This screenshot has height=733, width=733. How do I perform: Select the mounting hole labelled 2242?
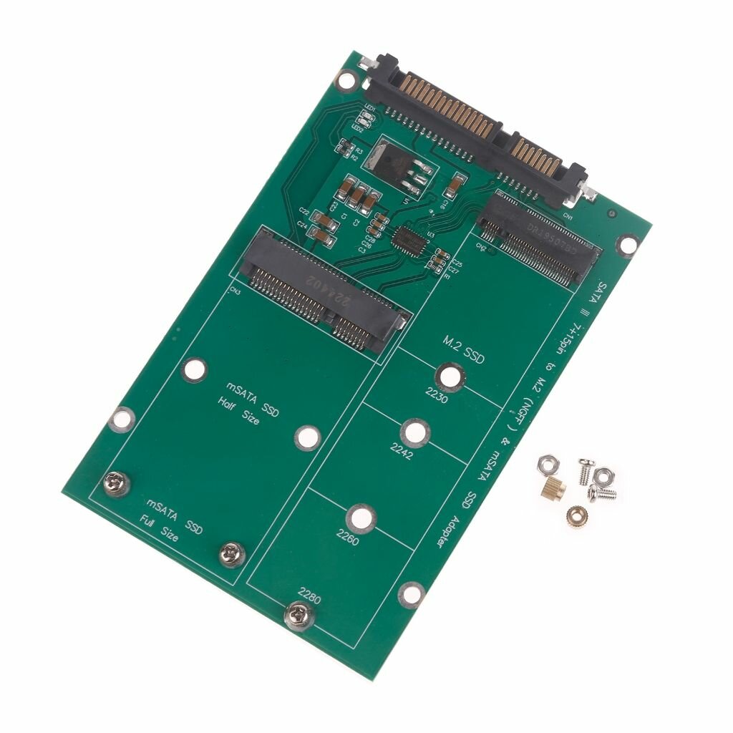414,432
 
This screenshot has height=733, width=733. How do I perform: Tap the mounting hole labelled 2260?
361,518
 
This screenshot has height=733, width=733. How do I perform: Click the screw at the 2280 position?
298,614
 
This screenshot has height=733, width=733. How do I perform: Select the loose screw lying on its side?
602,493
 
